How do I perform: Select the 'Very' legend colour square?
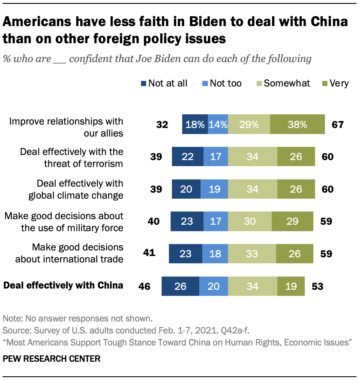[325, 83]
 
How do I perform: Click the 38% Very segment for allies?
[297, 125]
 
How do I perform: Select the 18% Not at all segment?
[195, 125]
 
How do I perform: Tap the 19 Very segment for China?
[291, 286]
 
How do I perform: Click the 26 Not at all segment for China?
[180, 286]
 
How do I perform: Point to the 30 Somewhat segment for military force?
[250, 221]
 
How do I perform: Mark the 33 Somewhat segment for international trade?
[252, 253]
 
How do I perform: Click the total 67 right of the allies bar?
[338, 125]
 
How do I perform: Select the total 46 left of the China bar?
[144, 286]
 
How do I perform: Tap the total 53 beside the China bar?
[317, 286]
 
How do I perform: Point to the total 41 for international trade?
[149, 253]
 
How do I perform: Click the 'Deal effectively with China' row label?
[63, 285]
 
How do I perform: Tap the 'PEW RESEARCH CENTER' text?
[51, 359]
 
